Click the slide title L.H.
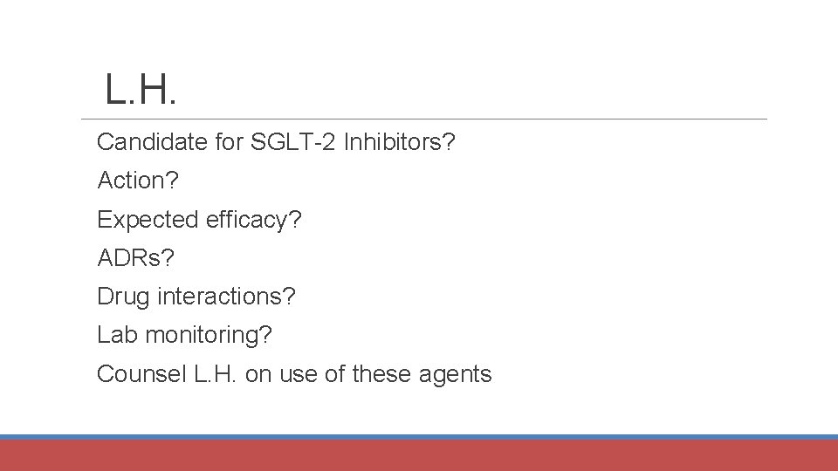click(141, 90)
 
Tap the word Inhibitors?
click(400, 141)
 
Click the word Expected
click(148, 220)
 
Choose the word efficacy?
click(254, 220)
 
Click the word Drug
click(124, 297)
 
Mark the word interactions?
click(227, 297)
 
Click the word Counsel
click(141, 374)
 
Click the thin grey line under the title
click(423, 119)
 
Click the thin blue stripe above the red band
click(419, 437)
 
